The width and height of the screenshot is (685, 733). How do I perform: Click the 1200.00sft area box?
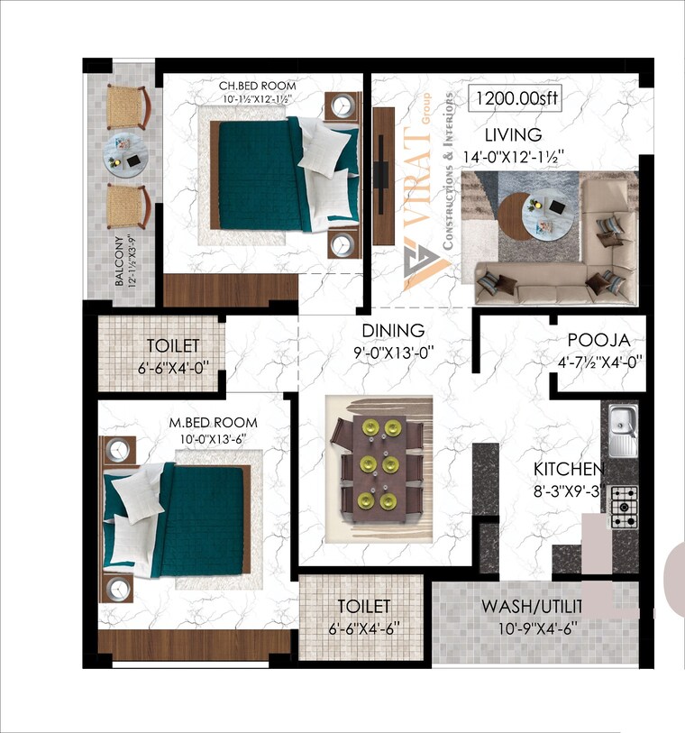(515, 98)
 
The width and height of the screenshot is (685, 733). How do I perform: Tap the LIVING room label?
(513, 135)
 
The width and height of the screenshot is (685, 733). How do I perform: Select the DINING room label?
(393, 331)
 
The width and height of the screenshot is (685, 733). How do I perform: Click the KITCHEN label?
(568, 470)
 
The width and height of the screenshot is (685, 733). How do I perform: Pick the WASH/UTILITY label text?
(532, 605)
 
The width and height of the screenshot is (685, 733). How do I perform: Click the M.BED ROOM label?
(214, 423)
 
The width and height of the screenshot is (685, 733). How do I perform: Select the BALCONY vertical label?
(120, 262)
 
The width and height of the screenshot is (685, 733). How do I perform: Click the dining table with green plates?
(379, 470)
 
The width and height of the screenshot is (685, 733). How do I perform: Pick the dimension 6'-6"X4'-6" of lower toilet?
(363, 628)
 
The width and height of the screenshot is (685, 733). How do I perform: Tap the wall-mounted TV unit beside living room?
(383, 176)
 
